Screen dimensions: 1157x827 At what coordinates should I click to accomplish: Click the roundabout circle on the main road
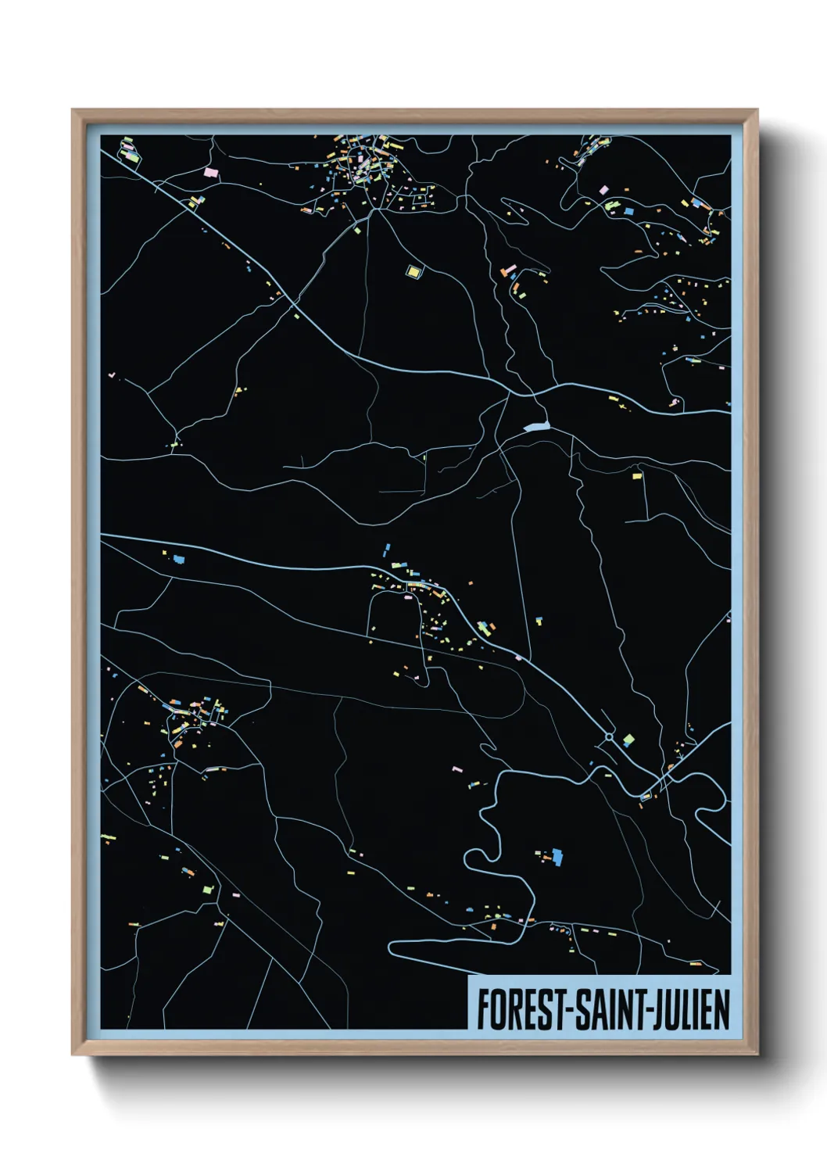pyautogui.click(x=609, y=736)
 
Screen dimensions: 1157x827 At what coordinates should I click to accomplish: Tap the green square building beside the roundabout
pyautogui.click(x=628, y=739)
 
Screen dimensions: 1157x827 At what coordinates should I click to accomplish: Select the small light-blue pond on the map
pyautogui.click(x=538, y=427)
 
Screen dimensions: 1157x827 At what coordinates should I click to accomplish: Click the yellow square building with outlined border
pyautogui.click(x=413, y=271)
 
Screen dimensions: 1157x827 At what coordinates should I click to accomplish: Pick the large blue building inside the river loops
pyautogui.click(x=557, y=856)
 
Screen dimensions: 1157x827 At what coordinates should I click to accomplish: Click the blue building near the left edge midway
pyautogui.click(x=179, y=559)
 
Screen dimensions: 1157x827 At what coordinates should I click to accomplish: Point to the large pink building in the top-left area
pyautogui.click(x=209, y=170)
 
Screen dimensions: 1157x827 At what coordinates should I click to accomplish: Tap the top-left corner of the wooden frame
pyautogui.click(x=73, y=110)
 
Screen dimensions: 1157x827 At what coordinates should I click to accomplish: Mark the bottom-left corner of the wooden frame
pyautogui.click(x=73, y=1054)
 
